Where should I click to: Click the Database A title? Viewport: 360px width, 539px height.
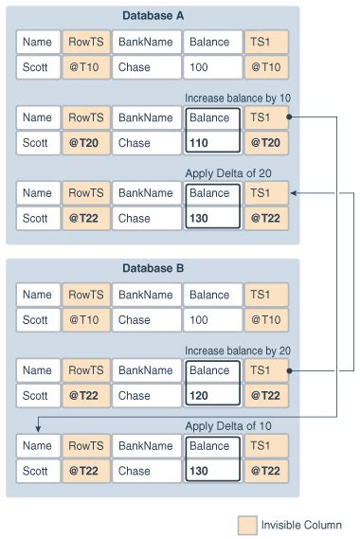coord(153,16)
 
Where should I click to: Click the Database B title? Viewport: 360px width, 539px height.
coord(153,268)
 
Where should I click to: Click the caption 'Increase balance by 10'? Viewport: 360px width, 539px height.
coord(237,98)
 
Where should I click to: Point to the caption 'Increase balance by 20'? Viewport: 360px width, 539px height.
coord(237,350)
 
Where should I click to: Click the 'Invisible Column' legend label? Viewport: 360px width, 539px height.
coord(301,524)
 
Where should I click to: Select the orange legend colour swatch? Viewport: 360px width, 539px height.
coord(246,524)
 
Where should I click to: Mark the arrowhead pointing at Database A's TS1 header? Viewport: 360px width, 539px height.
coord(294,193)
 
